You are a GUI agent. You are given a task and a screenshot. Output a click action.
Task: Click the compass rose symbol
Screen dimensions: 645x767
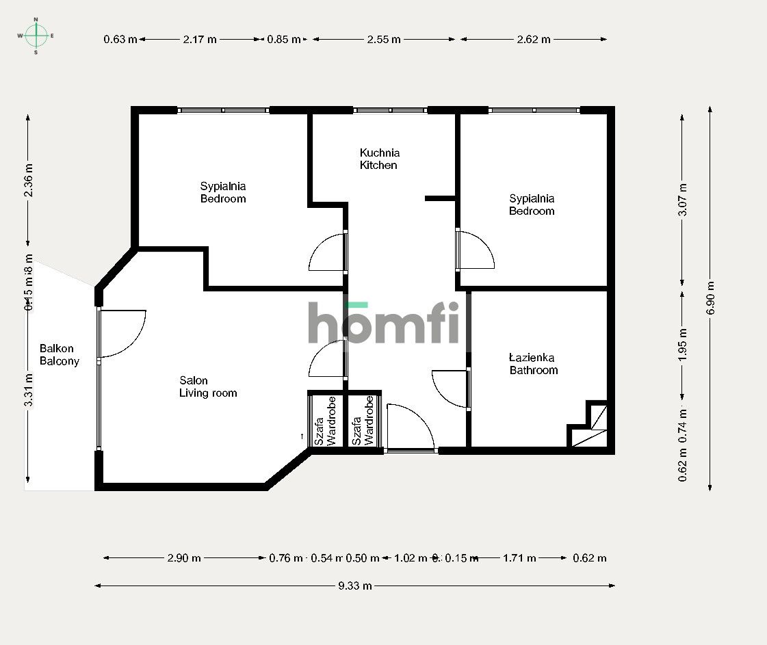36,34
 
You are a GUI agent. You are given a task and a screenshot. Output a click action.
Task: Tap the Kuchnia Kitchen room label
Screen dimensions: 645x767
379,159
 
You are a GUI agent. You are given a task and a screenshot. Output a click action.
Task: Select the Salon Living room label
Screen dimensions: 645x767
207,386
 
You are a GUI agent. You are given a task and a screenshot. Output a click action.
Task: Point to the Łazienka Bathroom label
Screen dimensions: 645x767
533,364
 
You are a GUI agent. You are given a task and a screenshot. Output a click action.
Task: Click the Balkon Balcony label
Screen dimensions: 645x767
59,355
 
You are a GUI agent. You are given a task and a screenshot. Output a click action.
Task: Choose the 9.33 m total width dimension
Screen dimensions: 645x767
354,585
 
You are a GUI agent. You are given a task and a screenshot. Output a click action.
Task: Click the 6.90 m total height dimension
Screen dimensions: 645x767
711,298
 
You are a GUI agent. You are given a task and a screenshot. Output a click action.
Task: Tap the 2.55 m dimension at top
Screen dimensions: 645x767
383,40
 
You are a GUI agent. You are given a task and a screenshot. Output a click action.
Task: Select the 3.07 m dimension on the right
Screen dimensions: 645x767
681,200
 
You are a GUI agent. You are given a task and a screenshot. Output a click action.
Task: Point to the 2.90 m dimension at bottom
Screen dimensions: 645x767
184,558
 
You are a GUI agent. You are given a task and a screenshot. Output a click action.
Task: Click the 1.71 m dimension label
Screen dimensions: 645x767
519,558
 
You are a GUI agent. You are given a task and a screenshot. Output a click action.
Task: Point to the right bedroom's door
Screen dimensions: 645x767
475,250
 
